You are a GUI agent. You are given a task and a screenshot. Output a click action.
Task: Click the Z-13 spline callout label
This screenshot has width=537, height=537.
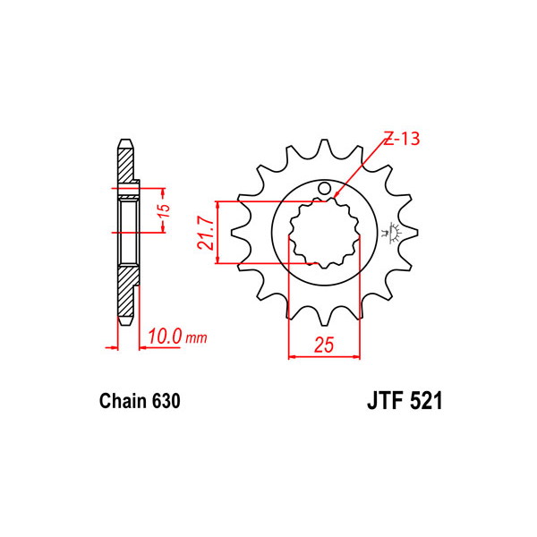[x=402, y=139]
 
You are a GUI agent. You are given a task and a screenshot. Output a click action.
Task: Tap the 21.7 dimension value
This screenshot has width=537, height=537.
[x=208, y=234]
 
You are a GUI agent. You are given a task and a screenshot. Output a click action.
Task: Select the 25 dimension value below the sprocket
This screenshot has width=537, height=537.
[x=324, y=345]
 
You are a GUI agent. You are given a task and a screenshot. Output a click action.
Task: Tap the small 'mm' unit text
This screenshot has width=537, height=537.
[x=196, y=338]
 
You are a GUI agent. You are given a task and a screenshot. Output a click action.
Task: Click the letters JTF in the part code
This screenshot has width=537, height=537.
[x=384, y=400]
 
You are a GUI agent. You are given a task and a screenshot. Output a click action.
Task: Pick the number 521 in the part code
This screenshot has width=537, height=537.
[x=424, y=400]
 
